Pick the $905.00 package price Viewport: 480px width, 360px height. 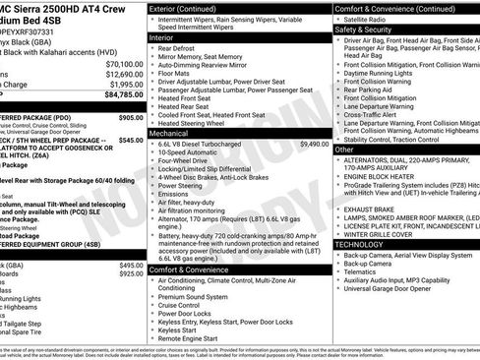[131, 117]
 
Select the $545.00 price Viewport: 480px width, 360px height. [131, 141]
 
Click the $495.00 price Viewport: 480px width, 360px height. [131, 266]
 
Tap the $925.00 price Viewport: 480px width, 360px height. [131, 275]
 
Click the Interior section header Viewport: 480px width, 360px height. [161, 36]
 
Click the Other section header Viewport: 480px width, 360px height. [344, 150]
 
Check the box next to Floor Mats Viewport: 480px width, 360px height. [153, 73]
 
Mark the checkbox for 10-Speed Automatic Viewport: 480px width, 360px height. [153, 153]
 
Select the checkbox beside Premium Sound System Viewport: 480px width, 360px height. [153, 296]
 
